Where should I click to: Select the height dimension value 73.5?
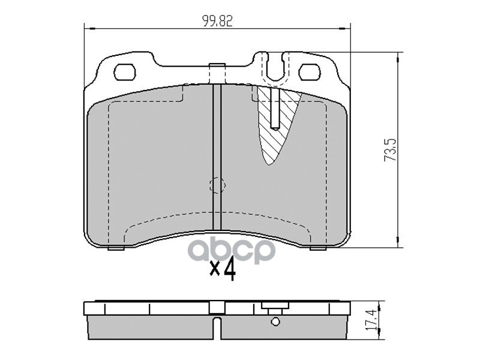pyautogui.click(x=391, y=149)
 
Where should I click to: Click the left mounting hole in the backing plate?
pyautogui.click(x=125, y=72)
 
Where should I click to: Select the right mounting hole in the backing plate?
pyautogui.click(x=310, y=72)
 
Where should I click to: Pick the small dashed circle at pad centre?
pyautogui.click(x=217, y=185)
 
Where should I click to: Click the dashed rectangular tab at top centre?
pyautogui.click(x=217, y=73)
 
